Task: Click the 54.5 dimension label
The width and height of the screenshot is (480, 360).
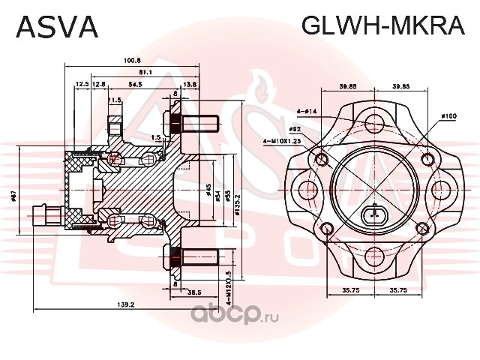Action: [x=136, y=85]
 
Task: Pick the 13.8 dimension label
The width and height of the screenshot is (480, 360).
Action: [x=190, y=85]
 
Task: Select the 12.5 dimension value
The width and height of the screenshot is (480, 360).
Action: [x=82, y=85]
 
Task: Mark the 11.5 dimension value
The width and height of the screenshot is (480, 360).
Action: [x=115, y=99]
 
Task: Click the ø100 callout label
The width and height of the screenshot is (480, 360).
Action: [x=448, y=116]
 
